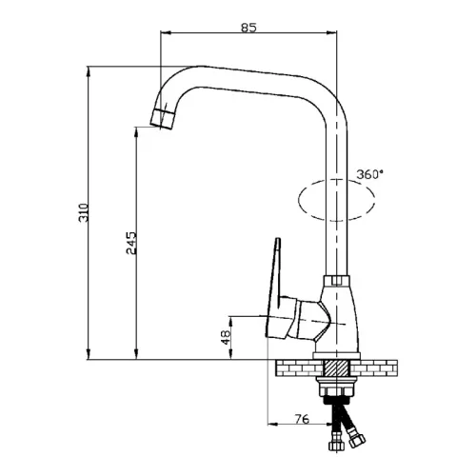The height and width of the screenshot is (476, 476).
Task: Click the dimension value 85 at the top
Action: [248, 28]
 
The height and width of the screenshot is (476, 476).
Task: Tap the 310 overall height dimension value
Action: [83, 212]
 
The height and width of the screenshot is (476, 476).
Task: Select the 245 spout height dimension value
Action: [131, 243]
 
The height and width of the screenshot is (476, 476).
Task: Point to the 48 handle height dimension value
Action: [226, 337]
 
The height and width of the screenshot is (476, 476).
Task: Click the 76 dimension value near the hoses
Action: [302, 419]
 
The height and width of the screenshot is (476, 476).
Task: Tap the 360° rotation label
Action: [369, 174]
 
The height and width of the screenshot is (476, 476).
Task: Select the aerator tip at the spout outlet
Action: [163, 118]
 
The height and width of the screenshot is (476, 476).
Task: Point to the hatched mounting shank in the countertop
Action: [336, 368]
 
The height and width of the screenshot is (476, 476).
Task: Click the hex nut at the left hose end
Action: [336, 445]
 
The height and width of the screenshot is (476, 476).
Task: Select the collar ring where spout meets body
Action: [336, 281]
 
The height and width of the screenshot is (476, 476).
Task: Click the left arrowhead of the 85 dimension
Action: [166, 32]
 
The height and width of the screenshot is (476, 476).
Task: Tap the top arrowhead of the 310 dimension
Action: [89, 71]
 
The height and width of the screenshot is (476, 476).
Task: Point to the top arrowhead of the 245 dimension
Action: [136, 132]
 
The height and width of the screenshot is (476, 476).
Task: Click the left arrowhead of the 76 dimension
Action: [273, 424]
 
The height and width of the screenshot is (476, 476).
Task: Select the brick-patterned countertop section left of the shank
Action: [299, 368]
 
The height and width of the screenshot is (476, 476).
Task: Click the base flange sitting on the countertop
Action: [337, 356]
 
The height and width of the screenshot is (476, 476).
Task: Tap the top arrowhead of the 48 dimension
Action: [230, 322]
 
